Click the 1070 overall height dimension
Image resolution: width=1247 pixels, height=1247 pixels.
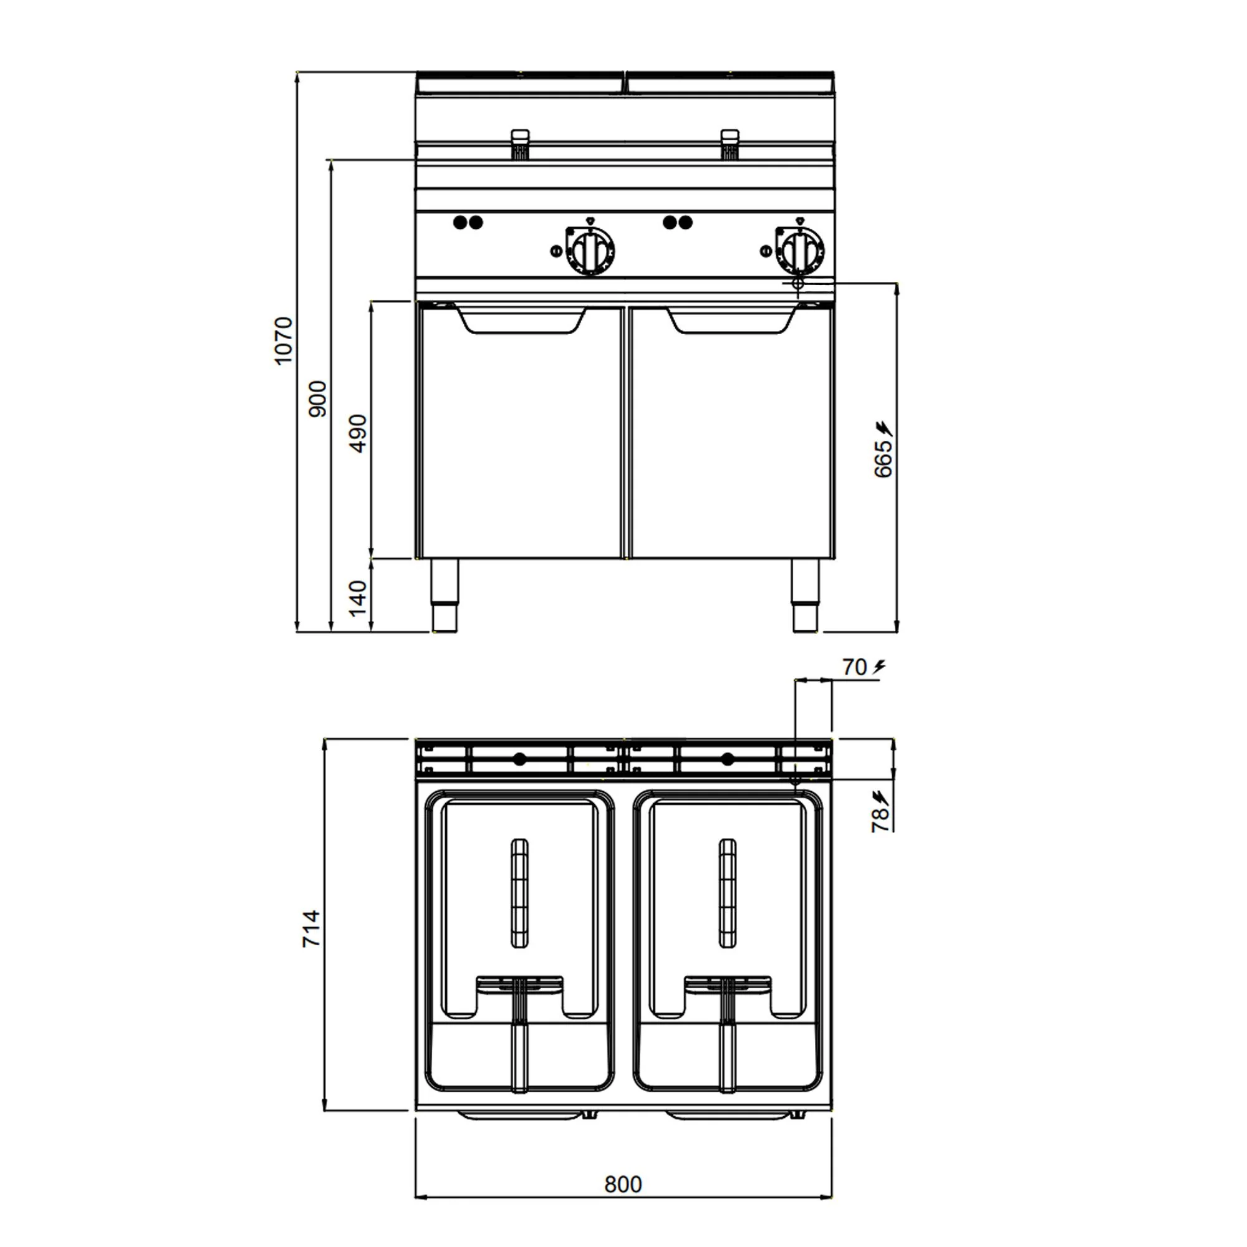pos(282,341)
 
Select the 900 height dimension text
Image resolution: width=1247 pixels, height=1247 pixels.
pos(318,399)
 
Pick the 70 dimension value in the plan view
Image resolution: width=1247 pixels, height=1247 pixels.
pos(855,667)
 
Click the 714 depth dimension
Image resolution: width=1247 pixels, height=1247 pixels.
pos(312,928)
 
